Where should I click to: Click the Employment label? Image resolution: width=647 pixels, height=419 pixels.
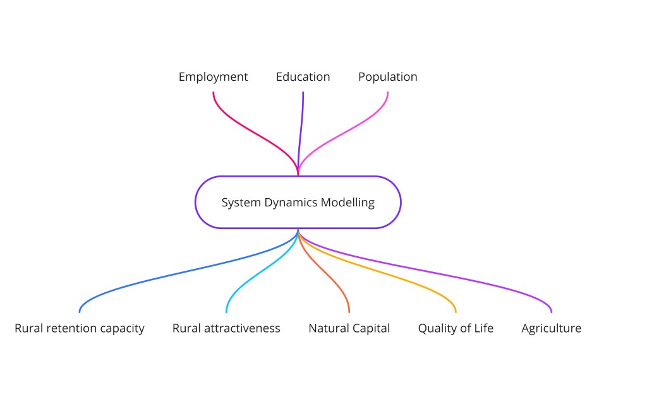click(x=213, y=77)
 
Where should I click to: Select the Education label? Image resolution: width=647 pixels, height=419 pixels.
click(x=303, y=77)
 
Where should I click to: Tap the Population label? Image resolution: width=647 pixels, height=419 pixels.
click(x=387, y=77)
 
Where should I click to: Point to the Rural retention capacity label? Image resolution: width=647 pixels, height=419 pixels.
click(x=80, y=328)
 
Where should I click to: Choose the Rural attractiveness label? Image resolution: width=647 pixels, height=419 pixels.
click(x=226, y=328)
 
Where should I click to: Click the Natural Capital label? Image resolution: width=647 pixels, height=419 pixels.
click(x=349, y=328)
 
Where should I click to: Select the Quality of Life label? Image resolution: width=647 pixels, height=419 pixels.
click(x=456, y=328)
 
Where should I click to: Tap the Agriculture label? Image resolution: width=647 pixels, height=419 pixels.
click(x=551, y=328)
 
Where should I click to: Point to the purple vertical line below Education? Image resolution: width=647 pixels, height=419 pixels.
click(x=302, y=120)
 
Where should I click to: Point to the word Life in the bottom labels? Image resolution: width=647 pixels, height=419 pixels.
click(x=483, y=328)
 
